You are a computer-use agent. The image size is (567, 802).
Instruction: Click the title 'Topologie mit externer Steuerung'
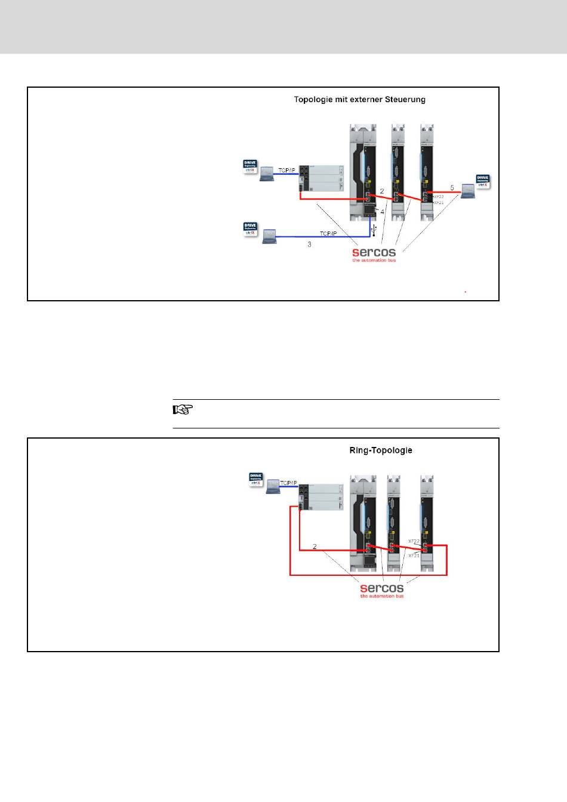(x=359, y=100)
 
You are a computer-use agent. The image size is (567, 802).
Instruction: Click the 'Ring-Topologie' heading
(x=380, y=450)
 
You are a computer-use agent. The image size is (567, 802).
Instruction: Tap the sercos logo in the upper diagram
(x=374, y=253)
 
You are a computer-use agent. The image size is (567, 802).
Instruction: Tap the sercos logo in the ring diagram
(x=382, y=589)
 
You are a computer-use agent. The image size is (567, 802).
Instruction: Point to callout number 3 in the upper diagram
(x=309, y=245)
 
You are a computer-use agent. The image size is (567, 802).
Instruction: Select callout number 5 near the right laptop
(x=452, y=188)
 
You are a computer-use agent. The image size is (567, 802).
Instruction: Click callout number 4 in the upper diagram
(x=383, y=211)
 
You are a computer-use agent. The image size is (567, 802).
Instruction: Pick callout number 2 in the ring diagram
(x=315, y=546)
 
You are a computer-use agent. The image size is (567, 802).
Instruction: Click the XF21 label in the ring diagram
(x=414, y=555)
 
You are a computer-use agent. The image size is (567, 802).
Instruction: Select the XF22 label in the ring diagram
(x=414, y=541)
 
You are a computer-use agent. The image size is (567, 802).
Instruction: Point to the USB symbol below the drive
(x=374, y=229)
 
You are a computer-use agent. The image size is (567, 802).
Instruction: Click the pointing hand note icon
(x=183, y=410)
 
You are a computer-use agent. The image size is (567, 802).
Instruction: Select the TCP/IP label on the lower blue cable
(x=328, y=233)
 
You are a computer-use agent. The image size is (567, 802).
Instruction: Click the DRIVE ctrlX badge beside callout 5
(x=482, y=181)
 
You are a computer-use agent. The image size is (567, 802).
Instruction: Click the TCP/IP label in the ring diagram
(x=288, y=483)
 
